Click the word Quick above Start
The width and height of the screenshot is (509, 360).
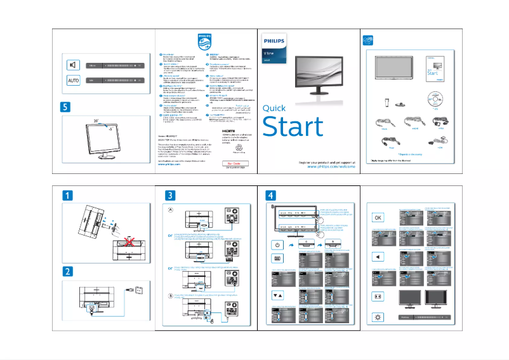(274, 108)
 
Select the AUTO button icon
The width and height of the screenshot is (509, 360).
(74, 81)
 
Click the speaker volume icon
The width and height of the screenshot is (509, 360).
(74, 65)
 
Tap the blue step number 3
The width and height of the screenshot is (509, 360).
(170, 194)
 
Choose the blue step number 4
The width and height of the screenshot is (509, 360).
(271, 194)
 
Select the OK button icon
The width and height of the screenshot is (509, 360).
(377, 218)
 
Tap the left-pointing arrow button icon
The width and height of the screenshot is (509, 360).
(377, 257)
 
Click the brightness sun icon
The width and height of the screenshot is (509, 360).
(377, 316)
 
